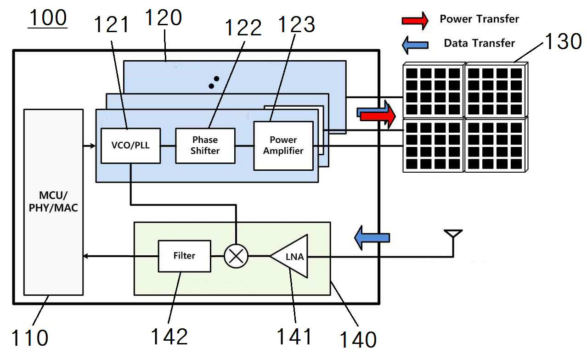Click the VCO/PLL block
click(130, 146)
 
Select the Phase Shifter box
click(205, 146)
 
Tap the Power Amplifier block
click(283, 146)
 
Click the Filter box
click(185, 256)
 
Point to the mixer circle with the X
click(236, 256)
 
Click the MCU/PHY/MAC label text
click(53, 202)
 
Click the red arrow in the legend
click(415, 21)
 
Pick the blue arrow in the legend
click(415, 45)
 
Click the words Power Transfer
click(480, 19)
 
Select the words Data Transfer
click(480, 43)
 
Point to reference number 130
click(564, 41)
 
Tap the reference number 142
click(169, 337)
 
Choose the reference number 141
click(294, 337)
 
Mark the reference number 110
click(29, 337)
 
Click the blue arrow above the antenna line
click(372, 238)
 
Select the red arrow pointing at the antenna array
click(378, 116)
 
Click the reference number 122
click(243, 28)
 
